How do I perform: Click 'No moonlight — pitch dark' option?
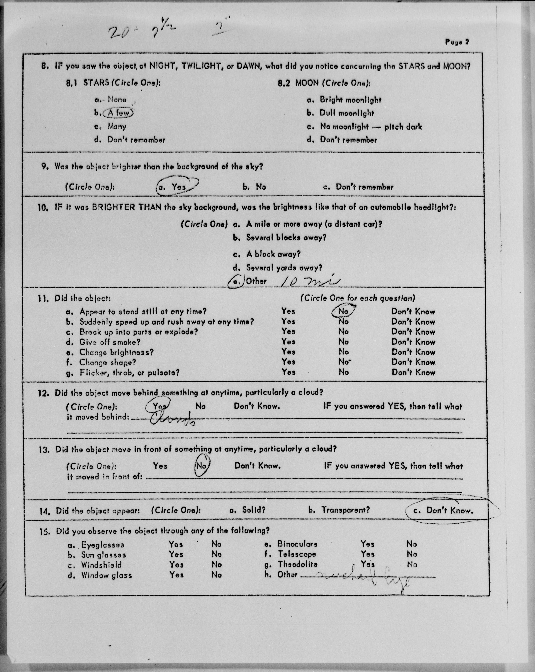[371, 127]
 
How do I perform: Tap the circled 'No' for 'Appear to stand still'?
[343, 311]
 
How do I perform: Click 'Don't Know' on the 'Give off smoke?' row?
[413, 342]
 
